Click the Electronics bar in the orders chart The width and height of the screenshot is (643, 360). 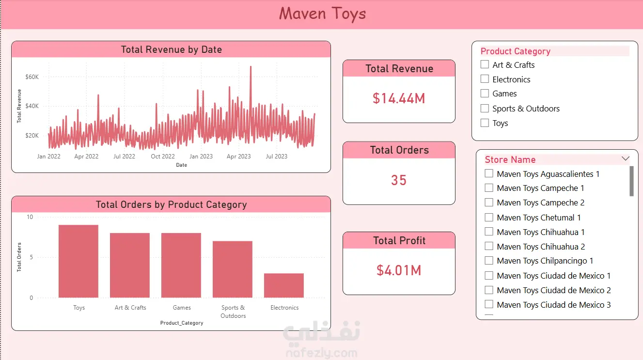click(x=284, y=285)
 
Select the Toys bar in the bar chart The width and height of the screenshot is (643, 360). click(x=78, y=261)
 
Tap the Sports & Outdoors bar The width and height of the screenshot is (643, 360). click(x=233, y=269)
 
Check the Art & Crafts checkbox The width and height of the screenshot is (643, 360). click(x=485, y=64)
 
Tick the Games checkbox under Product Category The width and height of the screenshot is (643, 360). click(x=485, y=94)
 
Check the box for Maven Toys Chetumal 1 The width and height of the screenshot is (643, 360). click(x=489, y=217)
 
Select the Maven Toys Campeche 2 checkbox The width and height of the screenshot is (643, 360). click(x=489, y=203)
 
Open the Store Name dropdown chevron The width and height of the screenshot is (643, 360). click(x=626, y=158)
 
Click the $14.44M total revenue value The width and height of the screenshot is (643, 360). click(x=399, y=98)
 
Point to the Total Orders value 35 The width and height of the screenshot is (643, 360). click(x=399, y=180)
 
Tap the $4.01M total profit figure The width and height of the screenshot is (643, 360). click(x=399, y=270)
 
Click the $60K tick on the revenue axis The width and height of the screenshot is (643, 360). click(x=32, y=77)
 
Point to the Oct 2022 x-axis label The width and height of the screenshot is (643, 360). click(x=163, y=157)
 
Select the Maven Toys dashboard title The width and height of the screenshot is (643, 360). click(x=322, y=14)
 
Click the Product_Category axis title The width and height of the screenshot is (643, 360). click(x=182, y=323)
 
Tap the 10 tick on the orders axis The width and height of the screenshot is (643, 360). click(x=30, y=217)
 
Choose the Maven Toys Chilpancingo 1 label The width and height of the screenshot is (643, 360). click(x=545, y=261)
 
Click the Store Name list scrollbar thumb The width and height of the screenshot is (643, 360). click(x=631, y=181)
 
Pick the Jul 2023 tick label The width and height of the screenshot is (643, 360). click(x=276, y=157)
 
